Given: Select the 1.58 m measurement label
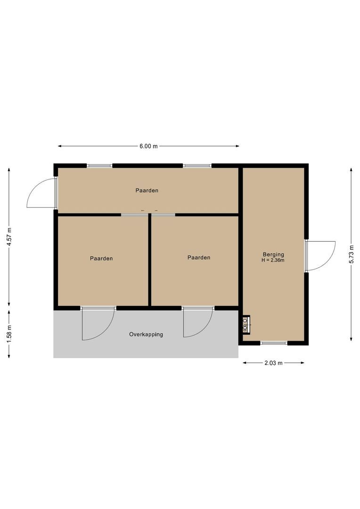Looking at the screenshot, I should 9,334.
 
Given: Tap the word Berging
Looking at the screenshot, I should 273,254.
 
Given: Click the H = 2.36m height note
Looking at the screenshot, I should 273,260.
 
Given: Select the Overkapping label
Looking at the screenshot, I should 146,335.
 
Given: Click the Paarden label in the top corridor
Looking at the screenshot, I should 147,190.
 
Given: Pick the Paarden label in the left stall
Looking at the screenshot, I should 101,258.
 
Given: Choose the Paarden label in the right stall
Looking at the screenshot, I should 198,257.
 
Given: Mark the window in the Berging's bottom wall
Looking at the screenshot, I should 274,343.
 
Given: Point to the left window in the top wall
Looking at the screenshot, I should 99,166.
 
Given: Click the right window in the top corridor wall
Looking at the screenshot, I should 197,166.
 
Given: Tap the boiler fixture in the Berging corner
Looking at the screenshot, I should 246,324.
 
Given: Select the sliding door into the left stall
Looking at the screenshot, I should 135,215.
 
